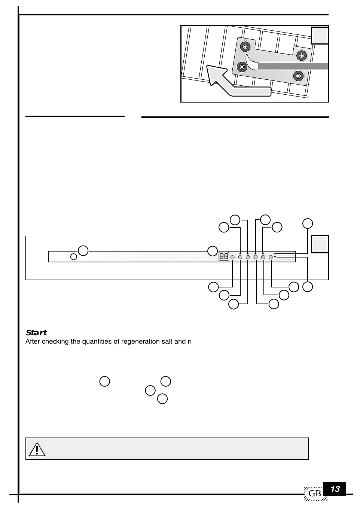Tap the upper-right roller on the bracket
click(x=302, y=56)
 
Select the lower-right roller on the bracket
click(x=298, y=76)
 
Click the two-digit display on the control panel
click(x=224, y=257)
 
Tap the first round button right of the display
click(x=233, y=257)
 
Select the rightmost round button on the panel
click(x=271, y=257)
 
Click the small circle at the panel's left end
click(x=74, y=257)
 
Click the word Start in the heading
click(x=36, y=333)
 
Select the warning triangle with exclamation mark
click(x=37, y=449)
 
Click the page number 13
click(x=335, y=489)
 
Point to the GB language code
click(x=315, y=494)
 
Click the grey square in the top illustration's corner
click(x=320, y=36)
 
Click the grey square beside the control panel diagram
click(x=320, y=244)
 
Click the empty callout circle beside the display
click(x=213, y=250)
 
